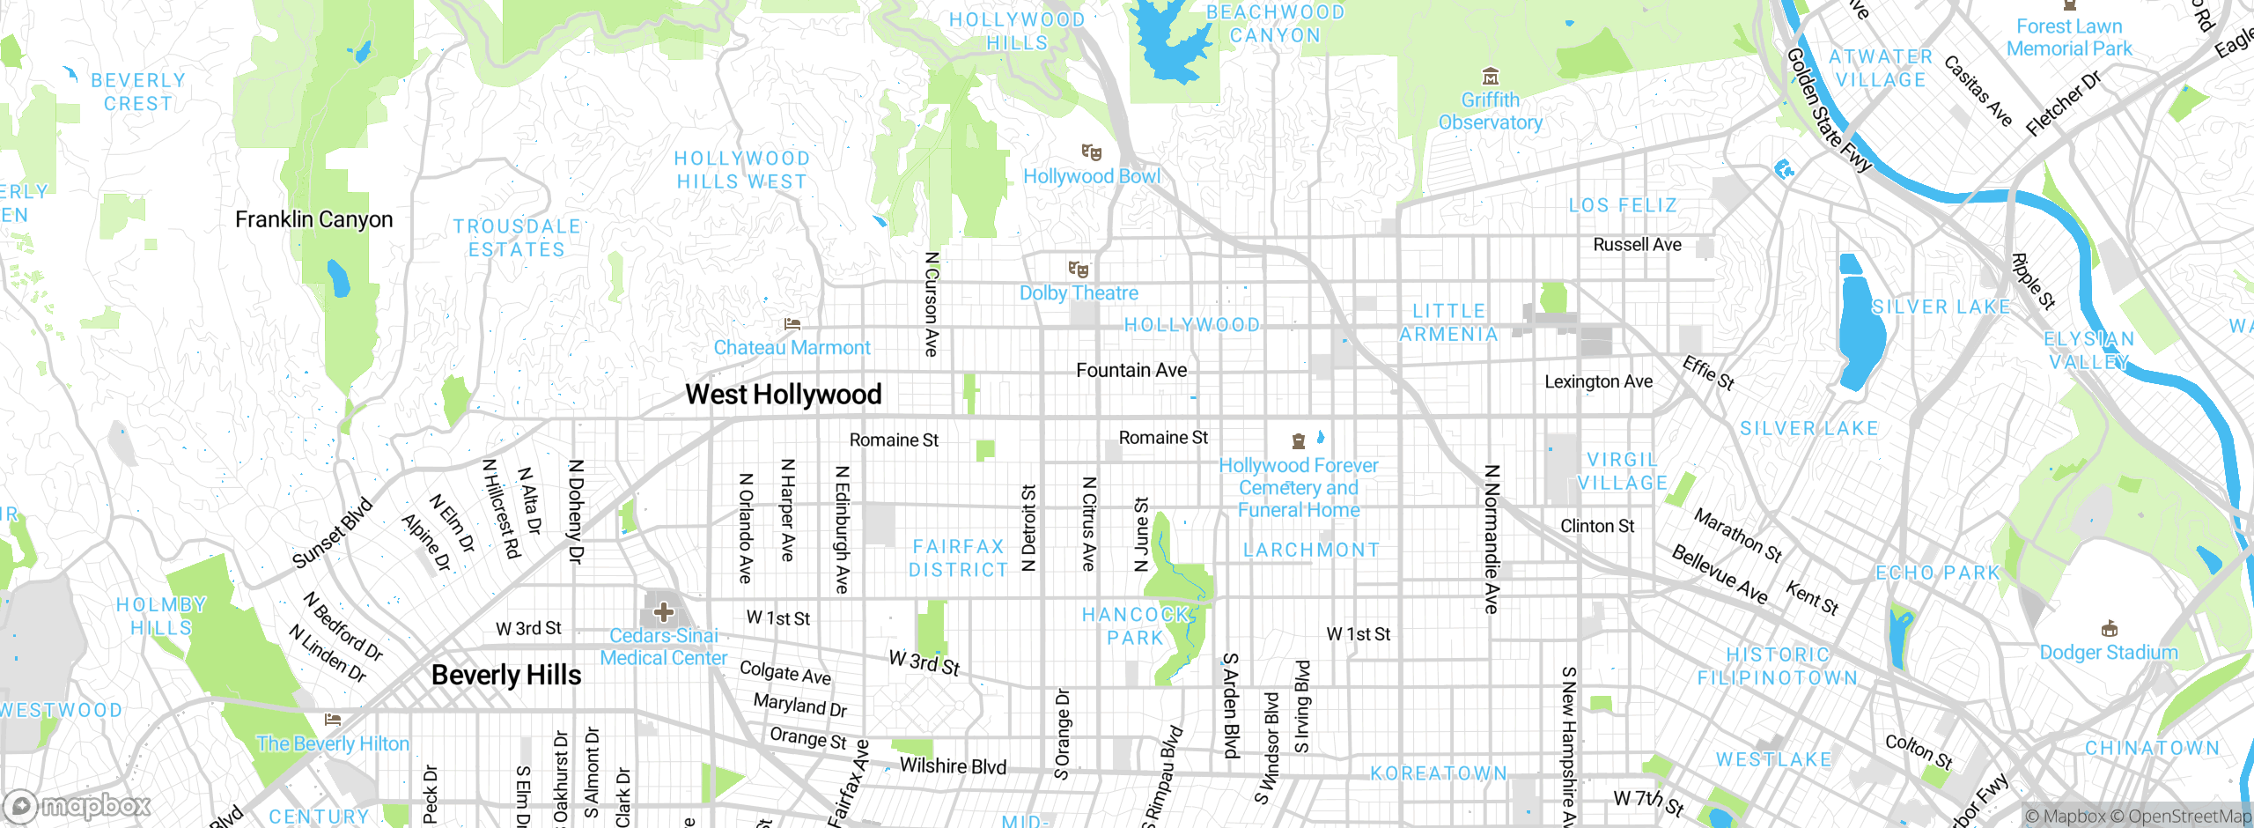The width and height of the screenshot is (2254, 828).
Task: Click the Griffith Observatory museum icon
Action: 1490,76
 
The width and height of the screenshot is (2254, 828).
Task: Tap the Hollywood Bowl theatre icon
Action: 1092,152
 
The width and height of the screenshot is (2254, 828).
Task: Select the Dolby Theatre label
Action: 1079,293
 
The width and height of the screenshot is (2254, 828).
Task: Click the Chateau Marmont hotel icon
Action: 792,324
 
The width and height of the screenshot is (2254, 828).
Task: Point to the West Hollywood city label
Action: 783,395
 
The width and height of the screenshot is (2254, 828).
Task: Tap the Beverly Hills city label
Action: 506,676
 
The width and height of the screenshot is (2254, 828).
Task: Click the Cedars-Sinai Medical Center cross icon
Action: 664,611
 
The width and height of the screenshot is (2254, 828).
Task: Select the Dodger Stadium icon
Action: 2109,629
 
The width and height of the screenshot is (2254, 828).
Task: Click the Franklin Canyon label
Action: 313,219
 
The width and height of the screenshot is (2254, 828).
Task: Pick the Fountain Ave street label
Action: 1131,371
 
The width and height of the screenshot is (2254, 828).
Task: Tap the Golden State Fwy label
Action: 1829,110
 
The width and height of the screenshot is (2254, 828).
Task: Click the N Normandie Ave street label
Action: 1491,539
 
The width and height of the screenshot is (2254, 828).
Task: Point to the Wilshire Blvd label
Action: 953,766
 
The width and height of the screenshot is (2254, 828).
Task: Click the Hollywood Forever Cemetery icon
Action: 1298,441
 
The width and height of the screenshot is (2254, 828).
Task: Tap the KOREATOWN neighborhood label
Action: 1439,773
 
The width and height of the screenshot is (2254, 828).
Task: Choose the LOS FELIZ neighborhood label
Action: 1623,205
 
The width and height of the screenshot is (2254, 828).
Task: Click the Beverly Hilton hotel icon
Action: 332,720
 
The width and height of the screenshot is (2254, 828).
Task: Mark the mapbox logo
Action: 77,806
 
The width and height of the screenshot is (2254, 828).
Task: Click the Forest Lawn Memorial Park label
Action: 2069,38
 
